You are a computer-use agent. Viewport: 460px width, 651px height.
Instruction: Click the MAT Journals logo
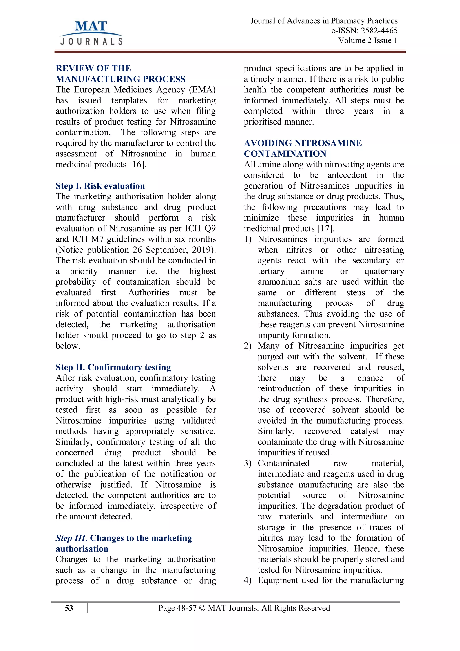point(91,33)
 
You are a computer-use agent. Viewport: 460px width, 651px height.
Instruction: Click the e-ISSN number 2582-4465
point(379,31)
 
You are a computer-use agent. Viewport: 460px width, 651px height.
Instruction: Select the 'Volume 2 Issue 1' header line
point(368,40)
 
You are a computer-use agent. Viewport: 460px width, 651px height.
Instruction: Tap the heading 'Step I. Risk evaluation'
point(100,186)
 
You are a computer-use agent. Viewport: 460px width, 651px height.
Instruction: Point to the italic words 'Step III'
point(71,538)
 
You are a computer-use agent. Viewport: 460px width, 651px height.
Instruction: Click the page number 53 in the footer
point(69,608)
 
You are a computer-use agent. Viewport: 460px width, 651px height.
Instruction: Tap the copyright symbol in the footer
point(202,608)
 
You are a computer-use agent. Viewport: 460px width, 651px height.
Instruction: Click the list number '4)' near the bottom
point(248,580)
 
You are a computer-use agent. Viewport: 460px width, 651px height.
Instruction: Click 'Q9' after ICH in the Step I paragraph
point(210,229)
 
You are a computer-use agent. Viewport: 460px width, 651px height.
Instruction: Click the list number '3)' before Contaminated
point(248,463)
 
